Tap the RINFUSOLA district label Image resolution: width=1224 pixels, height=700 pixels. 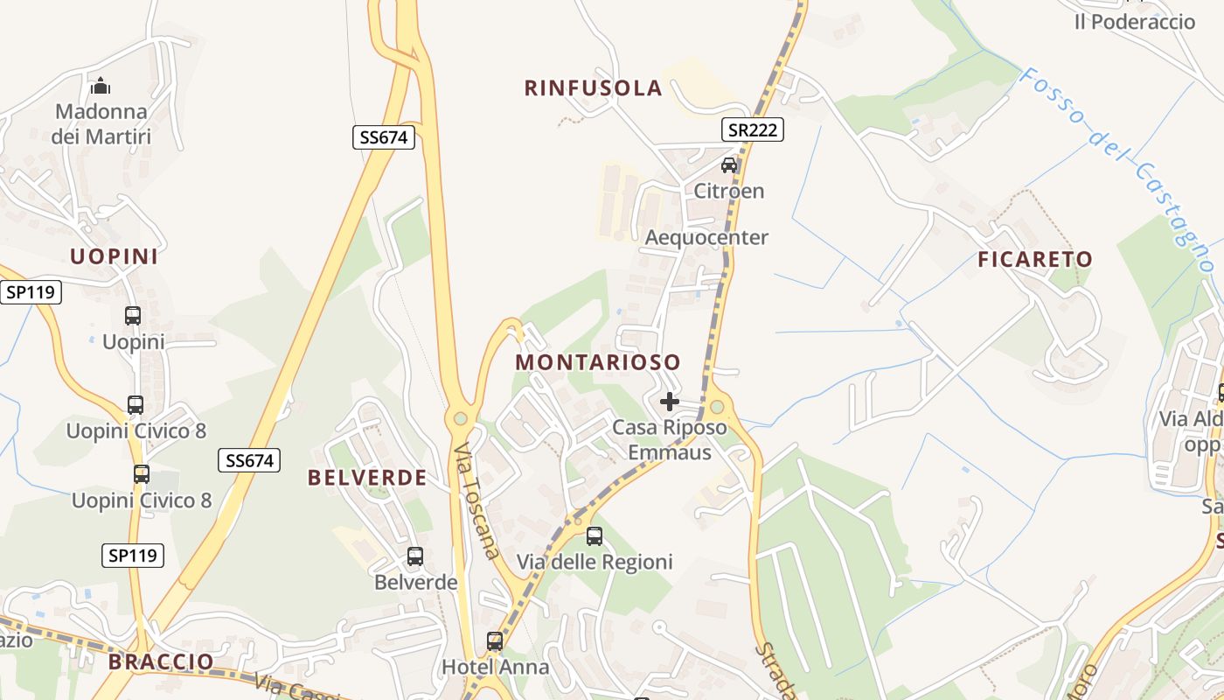tap(593, 88)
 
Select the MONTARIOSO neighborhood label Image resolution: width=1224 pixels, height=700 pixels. tap(598, 362)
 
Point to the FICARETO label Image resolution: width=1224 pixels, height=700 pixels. tap(1035, 259)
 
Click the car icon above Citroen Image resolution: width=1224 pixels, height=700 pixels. tap(729, 164)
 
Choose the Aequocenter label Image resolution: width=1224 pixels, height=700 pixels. tap(706, 237)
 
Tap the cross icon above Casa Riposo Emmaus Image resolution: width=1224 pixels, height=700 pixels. tap(670, 402)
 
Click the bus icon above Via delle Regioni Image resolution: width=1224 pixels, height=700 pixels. tap(595, 535)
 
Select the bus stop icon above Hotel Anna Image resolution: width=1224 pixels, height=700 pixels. tap(495, 641)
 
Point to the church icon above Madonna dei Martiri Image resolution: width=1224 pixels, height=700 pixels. tap(101, 86)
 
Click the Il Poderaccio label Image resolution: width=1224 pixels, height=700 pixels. tap(1134, 22)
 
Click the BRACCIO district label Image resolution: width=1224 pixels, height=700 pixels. tap(161, 661)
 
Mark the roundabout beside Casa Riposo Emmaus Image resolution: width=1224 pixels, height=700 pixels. tap(718, 406)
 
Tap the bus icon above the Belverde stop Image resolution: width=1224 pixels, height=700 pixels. tap(415, 556)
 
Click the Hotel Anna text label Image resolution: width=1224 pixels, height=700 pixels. tap(495, 667)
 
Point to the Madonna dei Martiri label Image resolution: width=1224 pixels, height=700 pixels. tap(101, 124)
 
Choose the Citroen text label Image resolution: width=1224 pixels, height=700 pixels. tap(729, 191)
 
